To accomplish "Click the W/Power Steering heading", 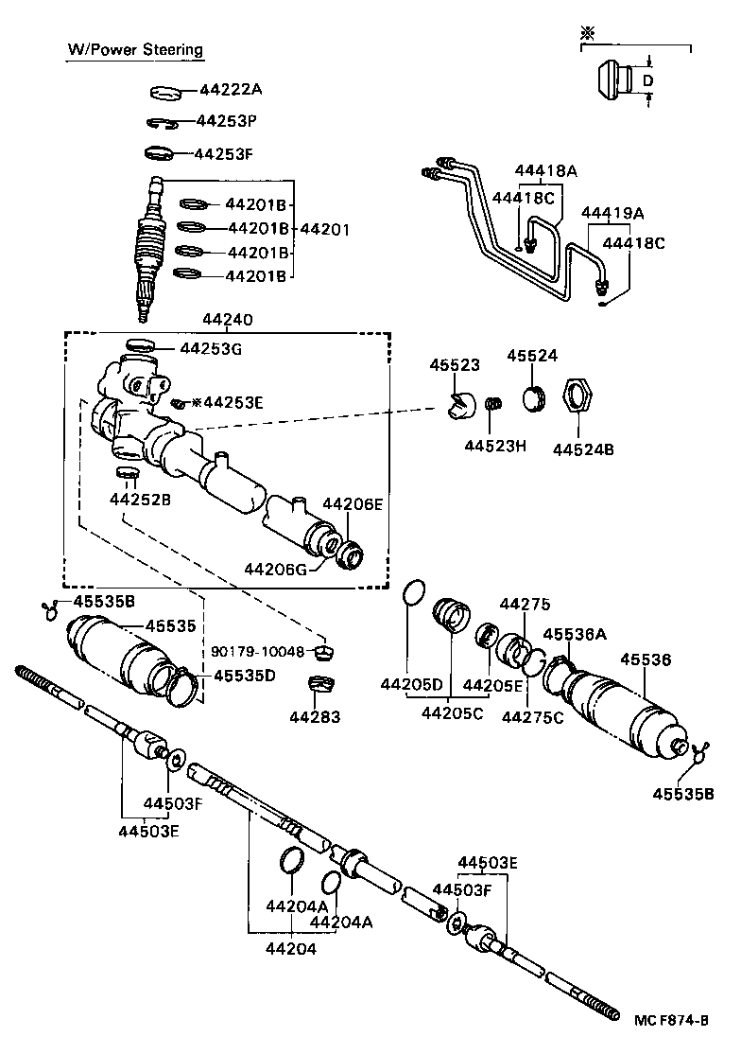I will click(x=134, y=49).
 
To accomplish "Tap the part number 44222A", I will click(x=230, y=90).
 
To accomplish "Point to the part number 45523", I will click(x=455, y=365).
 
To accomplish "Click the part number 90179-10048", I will click(x=258, y=652).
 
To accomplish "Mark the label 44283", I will click(x=316, y=717).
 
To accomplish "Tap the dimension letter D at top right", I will click(x=647, y=81).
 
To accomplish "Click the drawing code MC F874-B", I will click(x=671, y=1019).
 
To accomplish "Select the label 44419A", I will click(x=612, y=213).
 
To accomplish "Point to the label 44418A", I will click(x=546, y=171).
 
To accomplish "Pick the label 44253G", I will click(x=211, y=349).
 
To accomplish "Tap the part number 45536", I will click(x=645, y=659).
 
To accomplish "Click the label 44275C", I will click(x=532, y=716).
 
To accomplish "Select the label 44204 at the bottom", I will click(x=290, y=948).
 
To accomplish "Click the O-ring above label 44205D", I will click(x=413, y=593).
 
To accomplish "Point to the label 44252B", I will click(x=140, y=499).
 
